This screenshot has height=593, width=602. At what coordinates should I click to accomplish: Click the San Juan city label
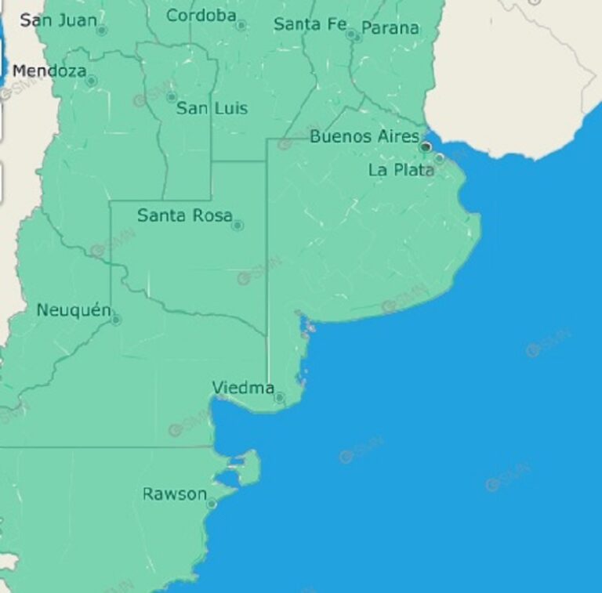tap(58, 20)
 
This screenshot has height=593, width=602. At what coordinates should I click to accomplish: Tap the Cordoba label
tap(201, 15)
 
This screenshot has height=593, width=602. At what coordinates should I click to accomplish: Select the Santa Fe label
tap(310, 24)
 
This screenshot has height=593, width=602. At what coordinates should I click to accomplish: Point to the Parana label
tap(390, 28)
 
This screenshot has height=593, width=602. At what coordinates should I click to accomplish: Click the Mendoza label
tap(49, 71)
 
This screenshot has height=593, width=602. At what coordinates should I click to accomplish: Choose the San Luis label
tap(212, 108)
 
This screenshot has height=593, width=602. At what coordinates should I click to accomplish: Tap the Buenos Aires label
tap(364, 136)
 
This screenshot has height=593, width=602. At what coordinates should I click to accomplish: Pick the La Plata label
tap(401, 169)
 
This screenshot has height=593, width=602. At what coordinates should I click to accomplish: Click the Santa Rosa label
tap(184, 215)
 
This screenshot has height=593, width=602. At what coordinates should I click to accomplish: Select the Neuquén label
tap(74, 310)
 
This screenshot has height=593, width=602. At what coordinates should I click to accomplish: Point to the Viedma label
tap(243, 387)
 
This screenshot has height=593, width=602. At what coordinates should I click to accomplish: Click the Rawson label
tap(175, 494)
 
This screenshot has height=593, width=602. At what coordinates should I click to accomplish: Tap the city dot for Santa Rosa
tap(238, 226)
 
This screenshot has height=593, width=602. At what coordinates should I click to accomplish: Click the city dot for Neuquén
tap(116, 320)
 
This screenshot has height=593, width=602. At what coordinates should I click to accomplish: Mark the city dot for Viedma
tap(279, 398)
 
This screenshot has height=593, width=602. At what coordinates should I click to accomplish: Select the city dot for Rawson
tap(211, 504)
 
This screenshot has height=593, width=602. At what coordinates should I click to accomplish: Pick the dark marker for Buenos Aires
tap(426, 146)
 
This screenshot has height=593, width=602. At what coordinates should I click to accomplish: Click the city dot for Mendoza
tap(91, 81)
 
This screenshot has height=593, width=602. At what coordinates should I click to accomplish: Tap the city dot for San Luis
tap(172, 97)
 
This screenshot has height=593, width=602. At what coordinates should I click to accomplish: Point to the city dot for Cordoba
tap(241, 25)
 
